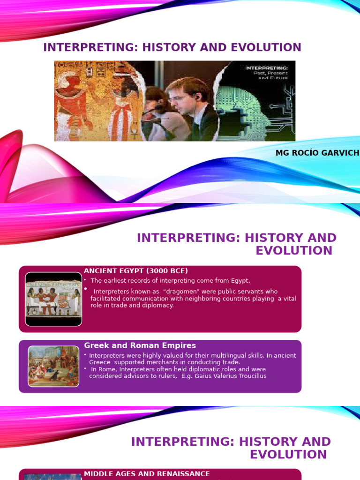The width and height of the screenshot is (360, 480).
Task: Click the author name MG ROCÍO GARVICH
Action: [x=317, y=153]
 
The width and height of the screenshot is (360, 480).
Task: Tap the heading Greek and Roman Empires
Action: [x=140, y=345]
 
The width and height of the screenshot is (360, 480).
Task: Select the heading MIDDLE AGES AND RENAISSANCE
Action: [x=147, y=474]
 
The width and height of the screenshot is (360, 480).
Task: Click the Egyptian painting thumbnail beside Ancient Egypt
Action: [x=53, y=299]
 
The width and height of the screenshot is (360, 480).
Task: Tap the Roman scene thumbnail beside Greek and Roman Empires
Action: [x=53, y=366]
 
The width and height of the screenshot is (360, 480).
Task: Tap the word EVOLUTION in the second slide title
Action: [x=294, y=250]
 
